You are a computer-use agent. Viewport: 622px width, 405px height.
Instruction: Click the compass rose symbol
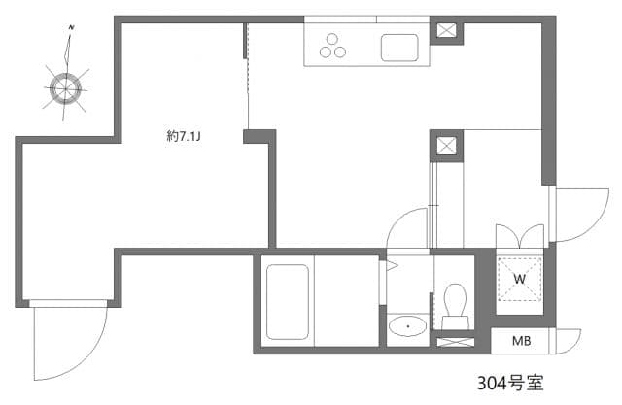(x=66, y=88)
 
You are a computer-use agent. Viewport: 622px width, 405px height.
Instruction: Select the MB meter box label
(x=521, y=341)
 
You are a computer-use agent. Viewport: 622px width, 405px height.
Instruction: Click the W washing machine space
(x=520, y=279)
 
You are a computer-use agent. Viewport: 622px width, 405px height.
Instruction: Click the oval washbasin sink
(x=407, y=326)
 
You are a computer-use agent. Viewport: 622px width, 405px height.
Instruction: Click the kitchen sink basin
(x=398, y=47)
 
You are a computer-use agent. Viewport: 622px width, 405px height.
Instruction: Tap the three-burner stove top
(x=332, y=47)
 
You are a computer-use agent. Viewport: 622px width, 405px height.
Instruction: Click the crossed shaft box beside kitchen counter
(x=446, y=30)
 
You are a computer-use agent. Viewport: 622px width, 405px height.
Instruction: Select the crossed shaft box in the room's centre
(x=446, y=146)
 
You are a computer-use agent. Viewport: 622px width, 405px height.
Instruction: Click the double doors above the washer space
(x=520, y=236)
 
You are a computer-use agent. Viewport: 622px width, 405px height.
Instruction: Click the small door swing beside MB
(x=567, y=340)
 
